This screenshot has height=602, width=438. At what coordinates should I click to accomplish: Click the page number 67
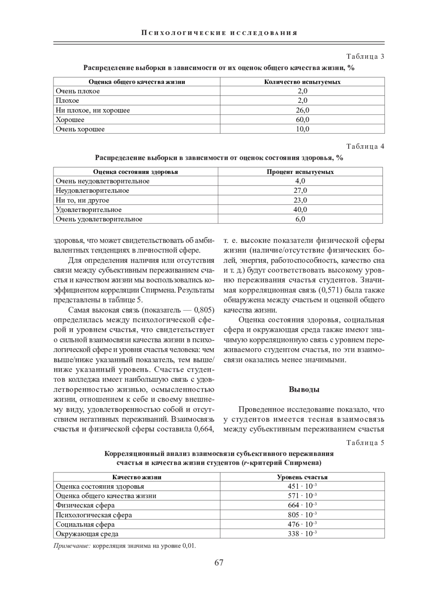click(x=219, y=563)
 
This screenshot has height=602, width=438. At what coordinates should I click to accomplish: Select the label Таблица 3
click(x=365, y=57)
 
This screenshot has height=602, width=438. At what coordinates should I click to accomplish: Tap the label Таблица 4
click(x=365, y=147)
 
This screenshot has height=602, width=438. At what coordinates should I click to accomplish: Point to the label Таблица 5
click(x=365, y=443)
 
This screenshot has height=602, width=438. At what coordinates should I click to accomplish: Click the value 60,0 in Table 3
click(x=302, y=120)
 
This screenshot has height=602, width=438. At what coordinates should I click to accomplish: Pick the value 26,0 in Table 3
click(x=302, y=110)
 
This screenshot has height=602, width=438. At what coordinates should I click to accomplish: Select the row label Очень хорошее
click(x=80, y=129)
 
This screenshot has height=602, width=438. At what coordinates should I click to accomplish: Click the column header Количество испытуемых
click(x=302, y=82)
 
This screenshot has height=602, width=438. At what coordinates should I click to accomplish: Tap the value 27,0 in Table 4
click(x=300, y=190)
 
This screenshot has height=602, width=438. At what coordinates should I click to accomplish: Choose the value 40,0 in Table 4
click(x=300, y=210)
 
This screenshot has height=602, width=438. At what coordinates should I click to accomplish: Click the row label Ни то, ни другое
click(x=82, y=200)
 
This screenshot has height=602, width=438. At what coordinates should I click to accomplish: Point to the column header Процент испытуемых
click(x=300, y=172)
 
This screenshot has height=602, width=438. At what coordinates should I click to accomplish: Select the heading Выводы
click(x=304, y=389)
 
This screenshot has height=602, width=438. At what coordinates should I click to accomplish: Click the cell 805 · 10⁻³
click(x=302, y=515)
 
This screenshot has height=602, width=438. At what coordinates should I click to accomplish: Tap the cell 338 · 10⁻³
click(x=302, y=534)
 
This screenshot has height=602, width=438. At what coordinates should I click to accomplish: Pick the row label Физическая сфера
click(x=85, y=505)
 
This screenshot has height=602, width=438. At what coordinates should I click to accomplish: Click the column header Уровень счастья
click(x=302, y=477)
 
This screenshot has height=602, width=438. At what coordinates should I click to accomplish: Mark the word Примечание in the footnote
click(x=72, y=546)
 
